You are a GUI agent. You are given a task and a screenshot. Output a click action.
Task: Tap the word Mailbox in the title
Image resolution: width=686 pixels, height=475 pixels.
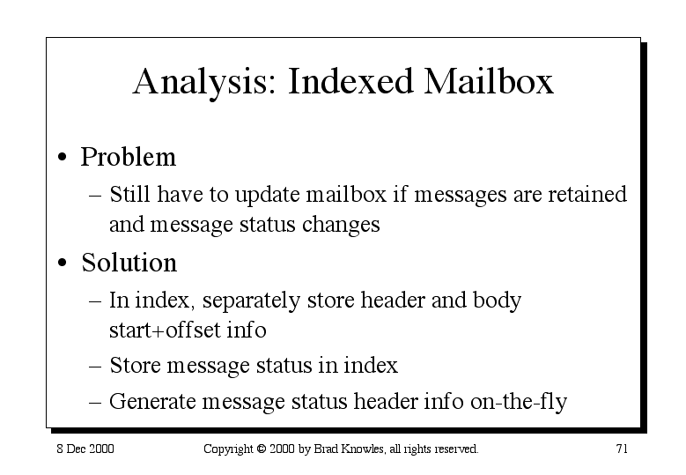[489, 81]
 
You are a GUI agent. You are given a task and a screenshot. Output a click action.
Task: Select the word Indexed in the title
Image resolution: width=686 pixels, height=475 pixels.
[350, 81]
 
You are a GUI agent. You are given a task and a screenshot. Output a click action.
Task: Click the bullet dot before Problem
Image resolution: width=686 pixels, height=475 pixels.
[63, 157]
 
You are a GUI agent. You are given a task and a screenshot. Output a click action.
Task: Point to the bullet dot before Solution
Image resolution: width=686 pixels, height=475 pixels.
[63, 263]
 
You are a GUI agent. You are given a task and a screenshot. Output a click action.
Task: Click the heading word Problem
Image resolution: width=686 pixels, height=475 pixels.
[129, 156]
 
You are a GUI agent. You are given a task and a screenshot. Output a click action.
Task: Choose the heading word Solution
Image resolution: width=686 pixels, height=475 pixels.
[129, 263]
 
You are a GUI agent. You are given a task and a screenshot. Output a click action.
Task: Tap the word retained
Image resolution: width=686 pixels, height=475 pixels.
[587, 194]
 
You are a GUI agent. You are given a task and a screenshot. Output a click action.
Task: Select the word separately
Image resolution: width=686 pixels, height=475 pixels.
[251, 301]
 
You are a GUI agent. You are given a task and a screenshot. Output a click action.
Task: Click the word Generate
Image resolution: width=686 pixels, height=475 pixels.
[152, 401]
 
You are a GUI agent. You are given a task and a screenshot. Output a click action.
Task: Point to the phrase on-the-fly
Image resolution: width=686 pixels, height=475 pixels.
[519, 402]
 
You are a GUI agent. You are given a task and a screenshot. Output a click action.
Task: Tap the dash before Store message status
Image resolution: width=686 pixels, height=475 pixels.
[95, 366]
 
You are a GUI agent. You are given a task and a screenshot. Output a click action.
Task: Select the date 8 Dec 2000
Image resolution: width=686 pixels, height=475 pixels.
[85, 449]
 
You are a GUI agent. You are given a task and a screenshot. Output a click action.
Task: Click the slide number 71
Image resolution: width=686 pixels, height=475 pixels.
[622, 449]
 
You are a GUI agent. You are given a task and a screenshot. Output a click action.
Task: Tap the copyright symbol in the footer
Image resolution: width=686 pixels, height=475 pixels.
[262, 449]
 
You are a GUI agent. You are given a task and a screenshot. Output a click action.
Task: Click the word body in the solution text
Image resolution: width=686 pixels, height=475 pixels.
[497, 301]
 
